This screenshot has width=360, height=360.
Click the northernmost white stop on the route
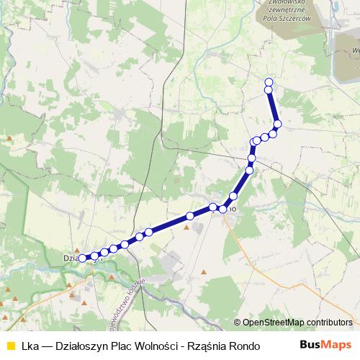(x=269, y=82)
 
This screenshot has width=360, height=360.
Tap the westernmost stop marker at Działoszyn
(x=82, y=258)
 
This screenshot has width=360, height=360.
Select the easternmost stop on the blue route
(x=277, y=124)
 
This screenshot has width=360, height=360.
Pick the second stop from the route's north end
(x=269, y=90)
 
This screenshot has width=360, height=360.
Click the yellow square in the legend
(x=10, y=346)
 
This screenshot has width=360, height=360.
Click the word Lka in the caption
(x=30, y=346)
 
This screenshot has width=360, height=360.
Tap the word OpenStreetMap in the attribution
(x=273, y=323)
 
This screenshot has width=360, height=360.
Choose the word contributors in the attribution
(x=329, y=323)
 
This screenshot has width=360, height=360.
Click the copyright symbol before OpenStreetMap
(x=237, y=323)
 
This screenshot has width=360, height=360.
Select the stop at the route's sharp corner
(x=253, y=141)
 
